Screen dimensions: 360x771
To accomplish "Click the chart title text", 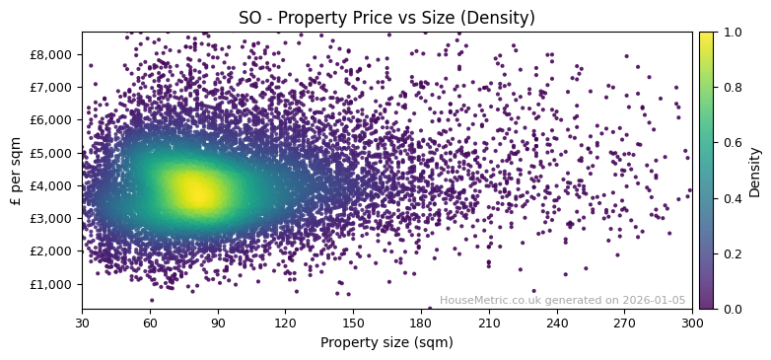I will click(x=386, y=18).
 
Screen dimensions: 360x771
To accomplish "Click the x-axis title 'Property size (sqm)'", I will click(x=386, y=342).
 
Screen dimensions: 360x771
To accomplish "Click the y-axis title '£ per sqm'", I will click(x=16, y=171).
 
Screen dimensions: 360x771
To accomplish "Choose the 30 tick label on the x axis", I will click(x=82, y=323).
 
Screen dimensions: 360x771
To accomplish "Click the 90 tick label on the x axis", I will click(x=218, y=323).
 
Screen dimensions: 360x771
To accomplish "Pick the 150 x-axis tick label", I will click(x=353, y=323).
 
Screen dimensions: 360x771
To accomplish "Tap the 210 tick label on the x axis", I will click(x=489, y=323).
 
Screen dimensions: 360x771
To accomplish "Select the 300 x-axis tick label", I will click(x=692, y=323).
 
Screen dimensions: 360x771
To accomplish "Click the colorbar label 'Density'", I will click(x=755, y=171).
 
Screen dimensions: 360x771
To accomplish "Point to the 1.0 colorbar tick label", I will click(x=731, y=33).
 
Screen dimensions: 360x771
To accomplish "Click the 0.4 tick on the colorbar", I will click(x=731, y=198).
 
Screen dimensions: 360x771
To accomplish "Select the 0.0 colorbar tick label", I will click(x=731, y=309).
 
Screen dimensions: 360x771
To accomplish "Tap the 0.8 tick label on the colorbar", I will click(x=731, y=88).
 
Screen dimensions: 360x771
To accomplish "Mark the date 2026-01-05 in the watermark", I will click(x=655, y=301).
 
